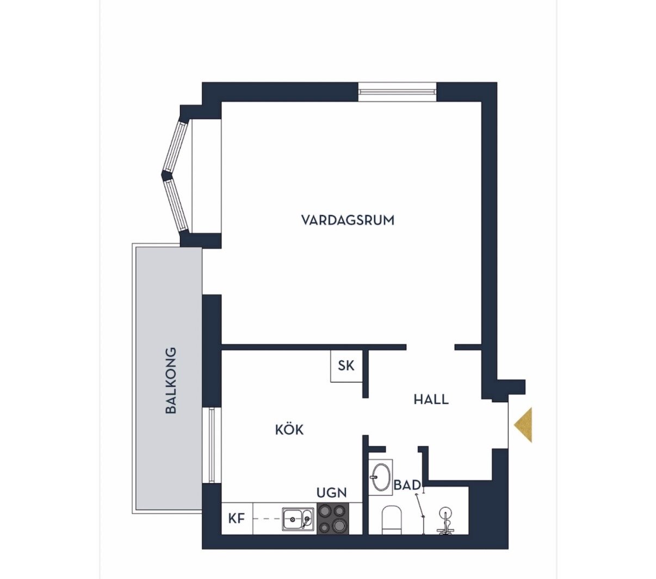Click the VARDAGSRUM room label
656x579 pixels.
click(348, 220)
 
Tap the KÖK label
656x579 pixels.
click(289, 430)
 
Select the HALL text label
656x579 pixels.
click(431, 399)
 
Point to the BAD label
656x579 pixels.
click(407, 485)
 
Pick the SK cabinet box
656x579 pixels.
click(346, 366)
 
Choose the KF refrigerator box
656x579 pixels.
click(237, 519)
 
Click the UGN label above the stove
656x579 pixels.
click(332, 492)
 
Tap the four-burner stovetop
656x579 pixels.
click(333, 519)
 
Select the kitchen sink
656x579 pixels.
click(298, 519)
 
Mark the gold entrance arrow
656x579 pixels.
click(523, 425)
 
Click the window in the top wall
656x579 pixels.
click(397, 92)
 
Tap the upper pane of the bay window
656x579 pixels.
click(176, 147)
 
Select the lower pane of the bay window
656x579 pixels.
click(176, 206)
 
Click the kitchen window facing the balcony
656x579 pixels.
click(212, 445)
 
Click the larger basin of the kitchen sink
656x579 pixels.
click(293, 519)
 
